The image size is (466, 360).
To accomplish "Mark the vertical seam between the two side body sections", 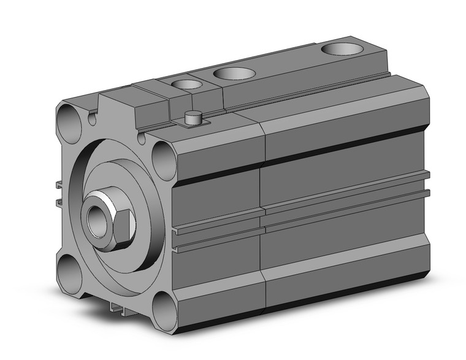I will [x=262, y=209].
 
